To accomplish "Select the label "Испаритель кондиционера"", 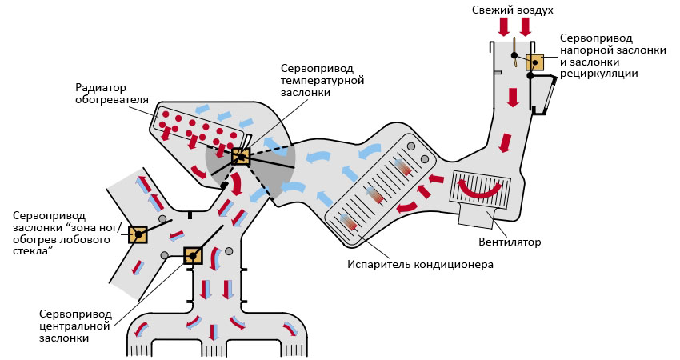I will [x=420, y=264].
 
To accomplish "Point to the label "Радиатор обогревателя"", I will [x=112, y=94].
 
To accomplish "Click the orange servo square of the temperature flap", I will [x=240, y=156].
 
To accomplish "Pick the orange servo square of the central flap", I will [x=193, y=256].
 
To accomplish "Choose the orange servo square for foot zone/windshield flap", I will [x=138, y=234].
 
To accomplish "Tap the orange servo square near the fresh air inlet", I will [x=534, y=62].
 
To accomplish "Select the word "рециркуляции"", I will [x=598, y=74].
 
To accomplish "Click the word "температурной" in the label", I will [x=322, y=81].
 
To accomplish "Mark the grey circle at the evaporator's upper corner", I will [x=411, y=146].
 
